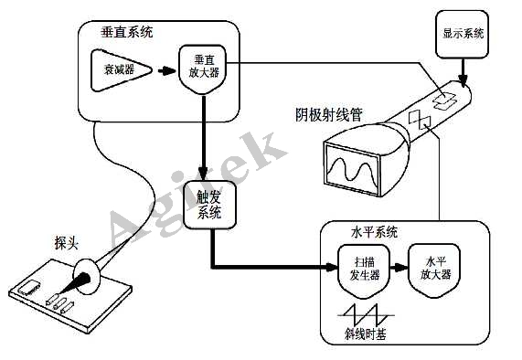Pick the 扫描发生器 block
tap(358, 266)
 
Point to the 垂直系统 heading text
tap(127, 32)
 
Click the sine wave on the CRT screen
tap(353, 169)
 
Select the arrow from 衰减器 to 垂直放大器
tap(165, 69)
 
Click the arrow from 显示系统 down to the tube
tap(463, 69)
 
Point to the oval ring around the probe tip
tap(88, 277)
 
